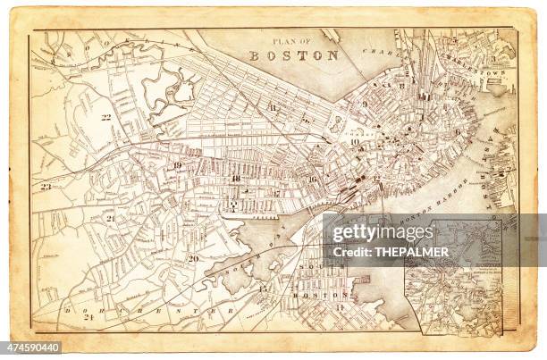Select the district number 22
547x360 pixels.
pos(105,117)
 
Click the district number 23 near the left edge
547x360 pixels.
pos(46,187)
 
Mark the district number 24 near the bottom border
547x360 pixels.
pos(88,317)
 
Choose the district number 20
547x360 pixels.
pos(193,259)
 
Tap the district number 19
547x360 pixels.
pos(178,165)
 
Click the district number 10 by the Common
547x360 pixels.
pos(355,141)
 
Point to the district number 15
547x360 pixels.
pos(263,288)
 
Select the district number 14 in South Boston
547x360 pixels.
pos(340,306)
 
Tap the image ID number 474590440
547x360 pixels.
pos(34,347)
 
